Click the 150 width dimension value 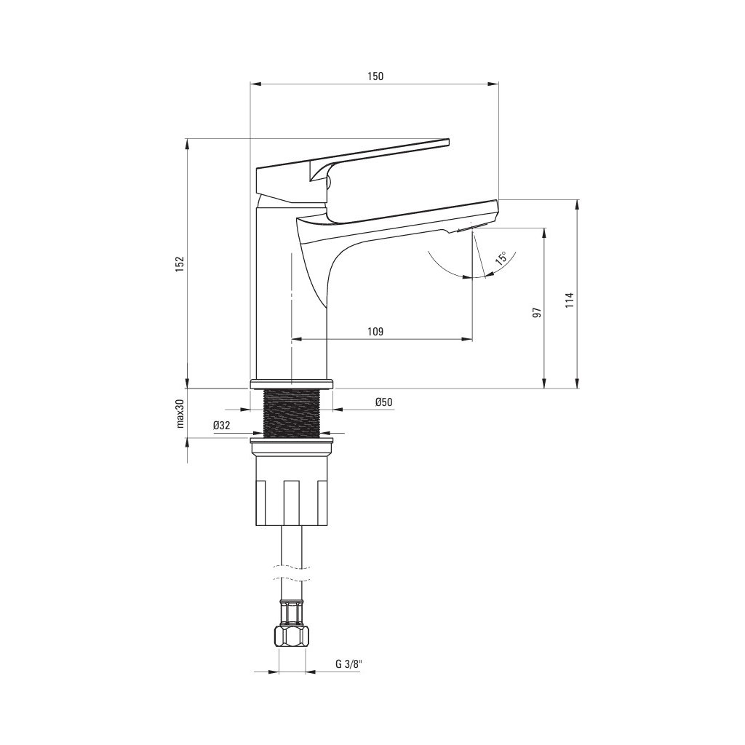pyautogui.click(x=375, y=76)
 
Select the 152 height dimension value pyautogui.click(x=180, y=263)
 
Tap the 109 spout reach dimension pyautogui.click(x=375, y=331)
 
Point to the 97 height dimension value pyautogui.click(x=537, y=312)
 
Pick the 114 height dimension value pyautogui.click(x=570, y=300)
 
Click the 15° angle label pyautogui.click(x=501, y=258)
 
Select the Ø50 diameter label pyautogui.click(x=384, y=402)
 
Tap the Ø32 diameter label pyautogui.click(x=222, y=426)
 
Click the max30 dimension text pyautogui.click(x=180, y=413)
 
